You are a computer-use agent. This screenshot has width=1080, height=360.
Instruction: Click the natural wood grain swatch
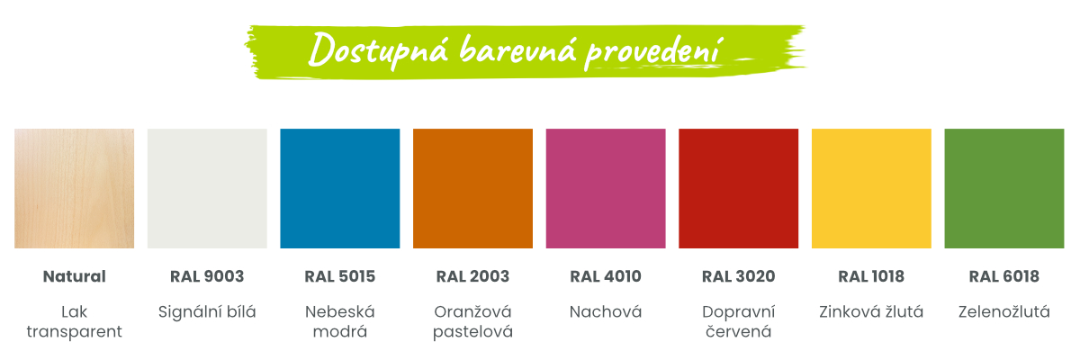[x=74, y=188]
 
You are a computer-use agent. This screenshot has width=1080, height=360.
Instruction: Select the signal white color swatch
[x=207, y=188]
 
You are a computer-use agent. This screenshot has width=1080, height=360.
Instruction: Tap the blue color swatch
[x=340, y=188]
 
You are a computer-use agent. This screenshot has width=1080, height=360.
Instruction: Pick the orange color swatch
[x=473, y=188]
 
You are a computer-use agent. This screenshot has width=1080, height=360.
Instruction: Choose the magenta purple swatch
[x=606, y=188]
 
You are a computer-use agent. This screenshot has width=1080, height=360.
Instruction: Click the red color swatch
[x=739, y=188]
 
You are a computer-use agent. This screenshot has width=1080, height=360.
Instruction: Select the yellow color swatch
[x=871, y=188]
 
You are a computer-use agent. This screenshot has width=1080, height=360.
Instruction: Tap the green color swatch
[x=1004, y=188]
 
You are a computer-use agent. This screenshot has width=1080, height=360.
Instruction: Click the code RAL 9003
[x=207, y=276]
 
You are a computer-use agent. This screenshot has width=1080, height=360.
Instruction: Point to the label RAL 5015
[x=340, y=276]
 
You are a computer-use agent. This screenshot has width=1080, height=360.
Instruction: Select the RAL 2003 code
[x=473, y=276]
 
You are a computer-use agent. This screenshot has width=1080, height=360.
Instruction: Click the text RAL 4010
[x=606, y=276]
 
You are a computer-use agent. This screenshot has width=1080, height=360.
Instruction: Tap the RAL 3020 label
[x=739, y=276]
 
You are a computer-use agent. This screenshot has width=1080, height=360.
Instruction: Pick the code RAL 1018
[x=871, y=276]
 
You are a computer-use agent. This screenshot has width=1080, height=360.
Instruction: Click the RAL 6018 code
[x=1004, y=276]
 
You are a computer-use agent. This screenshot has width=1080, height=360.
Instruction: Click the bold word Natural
[x=74, y=276]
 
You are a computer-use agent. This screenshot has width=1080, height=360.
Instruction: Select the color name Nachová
[x=606, y=311]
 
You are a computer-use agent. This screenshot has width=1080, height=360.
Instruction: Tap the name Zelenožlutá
[x=1004, y=311]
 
